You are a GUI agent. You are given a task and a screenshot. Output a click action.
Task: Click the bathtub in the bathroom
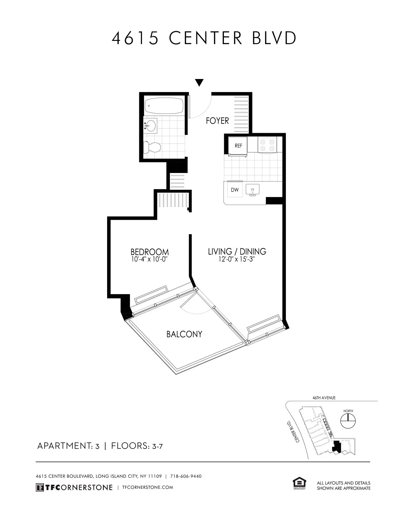164,106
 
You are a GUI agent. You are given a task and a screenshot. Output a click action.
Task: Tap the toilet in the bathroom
152,147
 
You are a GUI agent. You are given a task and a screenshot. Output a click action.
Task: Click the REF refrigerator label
238,146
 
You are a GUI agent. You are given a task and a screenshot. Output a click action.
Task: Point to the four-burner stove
267,145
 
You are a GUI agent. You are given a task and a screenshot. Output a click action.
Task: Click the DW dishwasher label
235,190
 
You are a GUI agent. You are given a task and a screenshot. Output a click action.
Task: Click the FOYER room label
217,121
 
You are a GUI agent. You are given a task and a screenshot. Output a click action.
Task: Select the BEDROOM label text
149,252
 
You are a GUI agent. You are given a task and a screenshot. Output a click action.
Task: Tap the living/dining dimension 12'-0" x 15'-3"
237,259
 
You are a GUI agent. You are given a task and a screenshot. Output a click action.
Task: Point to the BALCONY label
184,334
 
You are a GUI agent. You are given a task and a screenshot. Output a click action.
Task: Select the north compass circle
348,421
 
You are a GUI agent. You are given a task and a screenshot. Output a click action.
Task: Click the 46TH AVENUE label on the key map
324,398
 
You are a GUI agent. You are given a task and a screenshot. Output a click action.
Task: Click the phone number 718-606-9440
186,476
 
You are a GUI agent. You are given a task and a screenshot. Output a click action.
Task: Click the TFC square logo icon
40,487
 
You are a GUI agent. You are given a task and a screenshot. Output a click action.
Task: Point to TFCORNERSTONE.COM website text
148,487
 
